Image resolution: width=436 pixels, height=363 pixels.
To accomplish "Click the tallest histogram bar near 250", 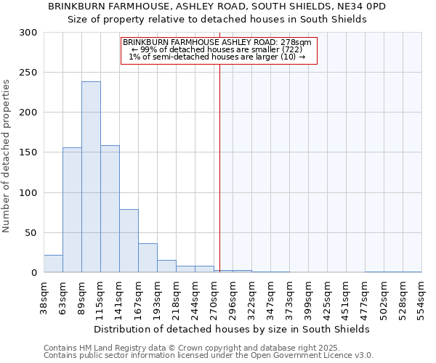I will [x=91, y=177].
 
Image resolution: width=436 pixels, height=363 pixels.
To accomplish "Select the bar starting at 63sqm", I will [x=72, y=210].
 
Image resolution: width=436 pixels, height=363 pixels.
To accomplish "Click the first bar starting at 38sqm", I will [x=53, y=264].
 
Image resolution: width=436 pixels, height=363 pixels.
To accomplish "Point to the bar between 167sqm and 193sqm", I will [x=148, y=258].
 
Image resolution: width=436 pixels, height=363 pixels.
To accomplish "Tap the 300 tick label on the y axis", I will [x=28, y=33].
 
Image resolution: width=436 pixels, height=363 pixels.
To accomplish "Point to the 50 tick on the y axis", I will [x=31, y=233].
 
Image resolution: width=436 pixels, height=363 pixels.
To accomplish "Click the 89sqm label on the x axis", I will [x=82, y=296].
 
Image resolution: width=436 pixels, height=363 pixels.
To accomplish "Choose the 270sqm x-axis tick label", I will [x=214, y=296].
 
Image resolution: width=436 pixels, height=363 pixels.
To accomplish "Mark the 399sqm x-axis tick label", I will [x=309, y=296].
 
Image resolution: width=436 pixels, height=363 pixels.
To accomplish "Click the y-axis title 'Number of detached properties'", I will [x=7, y=156].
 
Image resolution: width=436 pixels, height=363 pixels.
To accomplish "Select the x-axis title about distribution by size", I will [x=232, y=329].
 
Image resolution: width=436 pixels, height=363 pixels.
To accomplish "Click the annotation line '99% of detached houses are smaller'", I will [x=217, y=49].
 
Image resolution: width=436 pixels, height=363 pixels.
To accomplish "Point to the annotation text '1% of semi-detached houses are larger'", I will [x=217, y=57].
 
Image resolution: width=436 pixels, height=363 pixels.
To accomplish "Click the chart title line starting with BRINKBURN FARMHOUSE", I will [x=217, y=6].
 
